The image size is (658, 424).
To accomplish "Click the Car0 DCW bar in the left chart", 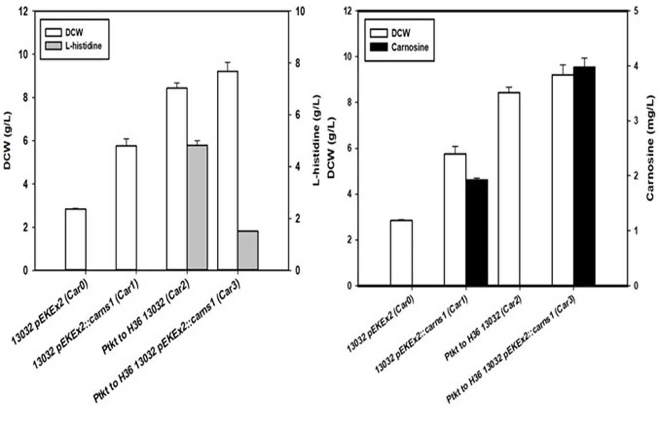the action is point(76,240).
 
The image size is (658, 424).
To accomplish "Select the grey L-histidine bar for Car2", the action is point(197,208).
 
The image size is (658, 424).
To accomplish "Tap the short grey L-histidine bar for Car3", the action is point(248,250).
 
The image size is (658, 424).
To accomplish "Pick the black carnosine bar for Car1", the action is point(477,233).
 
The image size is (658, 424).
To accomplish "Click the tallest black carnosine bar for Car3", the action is point(584,176).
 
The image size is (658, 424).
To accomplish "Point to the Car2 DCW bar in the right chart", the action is point(509,189).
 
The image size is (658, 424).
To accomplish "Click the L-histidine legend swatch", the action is point(53,46).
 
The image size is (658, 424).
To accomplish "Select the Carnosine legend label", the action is point(410,47).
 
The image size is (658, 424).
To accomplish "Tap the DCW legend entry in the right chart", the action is point(390,33).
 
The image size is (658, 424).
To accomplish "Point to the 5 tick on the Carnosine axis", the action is point(636,11).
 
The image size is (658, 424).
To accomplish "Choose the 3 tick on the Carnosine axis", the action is point(636,121).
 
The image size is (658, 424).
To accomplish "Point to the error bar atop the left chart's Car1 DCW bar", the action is point(126,142).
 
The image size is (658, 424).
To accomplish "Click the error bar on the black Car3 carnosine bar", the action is point(584,62).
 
